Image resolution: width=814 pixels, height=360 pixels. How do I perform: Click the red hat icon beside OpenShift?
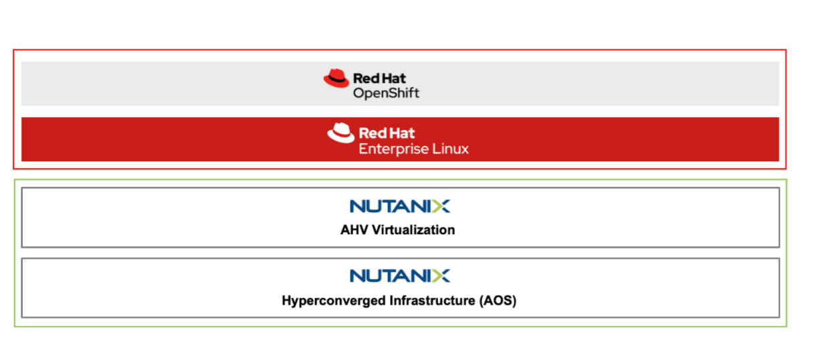(336, 78)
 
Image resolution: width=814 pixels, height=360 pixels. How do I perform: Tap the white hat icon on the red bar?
(340, 132)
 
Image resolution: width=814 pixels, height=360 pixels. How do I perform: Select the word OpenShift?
(387, 94)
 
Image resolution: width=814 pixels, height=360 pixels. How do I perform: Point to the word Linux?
(451, 149)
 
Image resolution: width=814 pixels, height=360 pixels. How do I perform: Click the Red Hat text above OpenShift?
(379, 78)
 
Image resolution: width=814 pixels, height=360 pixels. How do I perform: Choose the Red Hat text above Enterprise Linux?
(387, 133)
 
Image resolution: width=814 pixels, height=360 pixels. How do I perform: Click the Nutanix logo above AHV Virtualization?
(400, 206)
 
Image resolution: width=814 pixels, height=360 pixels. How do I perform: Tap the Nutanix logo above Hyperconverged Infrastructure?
(400, 276)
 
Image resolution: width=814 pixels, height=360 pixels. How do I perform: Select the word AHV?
(354, 230)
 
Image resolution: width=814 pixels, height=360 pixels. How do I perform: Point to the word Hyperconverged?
(334, 300)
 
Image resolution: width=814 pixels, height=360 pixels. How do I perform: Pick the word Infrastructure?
(433, 300)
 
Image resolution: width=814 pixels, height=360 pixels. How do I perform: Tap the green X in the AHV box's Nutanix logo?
(441, 206)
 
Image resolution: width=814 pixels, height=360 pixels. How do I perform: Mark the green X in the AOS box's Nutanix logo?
(441, 276)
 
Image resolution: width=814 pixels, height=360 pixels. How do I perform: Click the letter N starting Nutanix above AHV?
(358, 206)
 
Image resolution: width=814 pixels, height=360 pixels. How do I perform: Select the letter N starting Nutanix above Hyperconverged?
(358, 276)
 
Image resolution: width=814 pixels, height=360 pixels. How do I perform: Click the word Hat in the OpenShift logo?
(394, 78)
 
